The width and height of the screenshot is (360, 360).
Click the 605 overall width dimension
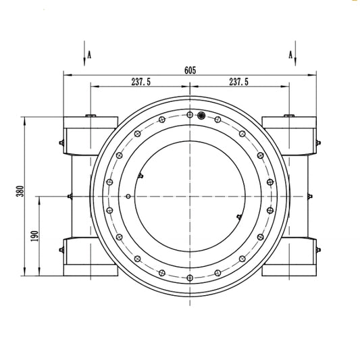point(190,70)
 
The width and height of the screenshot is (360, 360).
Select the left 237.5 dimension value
point(141,82)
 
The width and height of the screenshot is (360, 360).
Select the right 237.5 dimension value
point(239,82)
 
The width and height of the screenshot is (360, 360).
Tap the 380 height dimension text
point(20,191)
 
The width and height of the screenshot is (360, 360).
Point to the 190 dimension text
point(34,236)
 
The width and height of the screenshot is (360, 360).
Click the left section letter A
point(89,55)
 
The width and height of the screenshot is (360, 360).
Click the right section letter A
point(290,55)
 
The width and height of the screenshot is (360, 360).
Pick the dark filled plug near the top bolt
point(201,115)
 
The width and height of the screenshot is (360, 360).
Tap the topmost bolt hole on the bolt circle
point(190,115)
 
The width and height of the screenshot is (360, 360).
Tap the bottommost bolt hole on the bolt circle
point(190,278)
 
